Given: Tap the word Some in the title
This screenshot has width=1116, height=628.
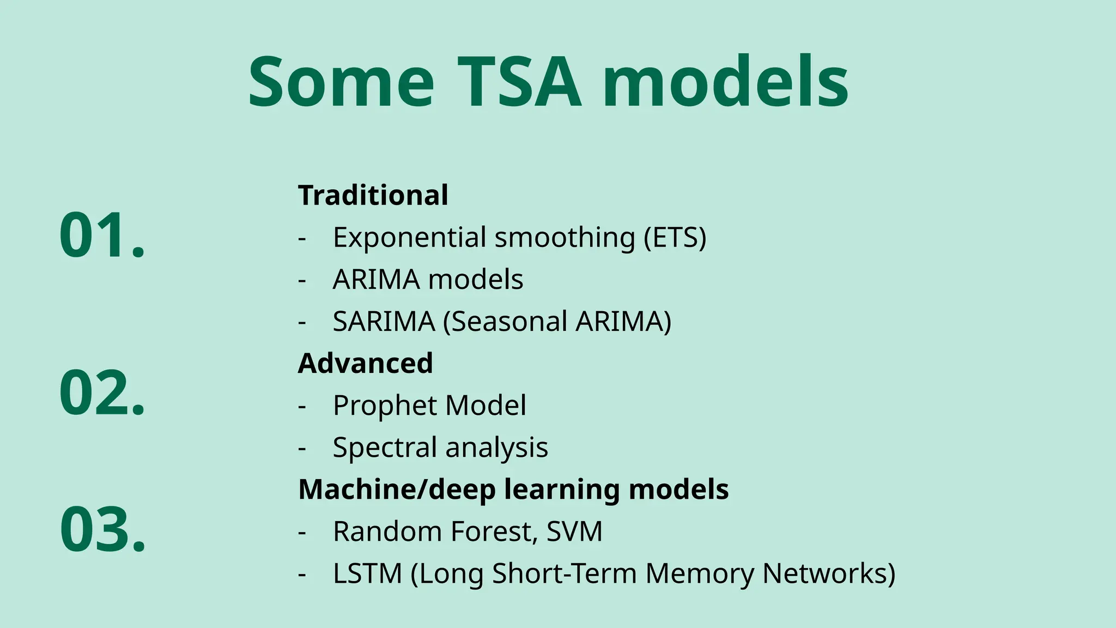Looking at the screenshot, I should point(341,83).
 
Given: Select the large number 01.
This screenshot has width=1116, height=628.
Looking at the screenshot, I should point(102,235).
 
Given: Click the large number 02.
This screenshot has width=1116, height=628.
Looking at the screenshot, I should point(102,392).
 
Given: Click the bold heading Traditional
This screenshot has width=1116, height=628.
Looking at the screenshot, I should point(373,195).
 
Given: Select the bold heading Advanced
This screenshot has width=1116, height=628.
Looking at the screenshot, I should point(365,363).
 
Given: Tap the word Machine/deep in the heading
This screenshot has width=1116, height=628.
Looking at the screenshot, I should point(397,489).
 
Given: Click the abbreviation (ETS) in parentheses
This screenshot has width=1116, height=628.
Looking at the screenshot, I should point(675,238).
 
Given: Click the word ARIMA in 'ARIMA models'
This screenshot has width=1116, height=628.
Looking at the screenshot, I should point(376,279).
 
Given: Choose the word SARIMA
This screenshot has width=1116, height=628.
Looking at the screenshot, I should point(384,321).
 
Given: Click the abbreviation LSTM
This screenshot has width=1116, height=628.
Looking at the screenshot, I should point(367,573).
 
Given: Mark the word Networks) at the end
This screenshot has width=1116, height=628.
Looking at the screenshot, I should point(828,573).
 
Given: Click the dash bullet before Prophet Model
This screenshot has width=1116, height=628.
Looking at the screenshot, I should point(302,406).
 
